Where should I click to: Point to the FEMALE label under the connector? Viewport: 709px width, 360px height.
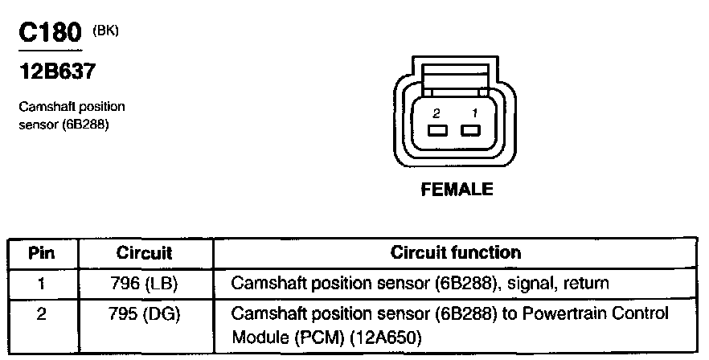[457, 190]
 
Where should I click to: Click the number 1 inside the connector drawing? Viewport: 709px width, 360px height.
[474, 113]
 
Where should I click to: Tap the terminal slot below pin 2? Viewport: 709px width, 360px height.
[437, 131]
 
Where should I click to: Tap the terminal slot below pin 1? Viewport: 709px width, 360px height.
[469, 131]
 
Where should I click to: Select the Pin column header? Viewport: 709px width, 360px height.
[41, 253]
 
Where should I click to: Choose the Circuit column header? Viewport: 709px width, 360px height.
[145, 253]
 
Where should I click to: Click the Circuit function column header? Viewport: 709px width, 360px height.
[455, 253]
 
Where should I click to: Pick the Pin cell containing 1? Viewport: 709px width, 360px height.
[41, 283]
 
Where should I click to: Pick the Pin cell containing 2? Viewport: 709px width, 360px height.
[41, 313]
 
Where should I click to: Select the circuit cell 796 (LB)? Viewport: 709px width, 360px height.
[145, 283]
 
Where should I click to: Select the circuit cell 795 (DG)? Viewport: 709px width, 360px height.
[145, 313]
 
